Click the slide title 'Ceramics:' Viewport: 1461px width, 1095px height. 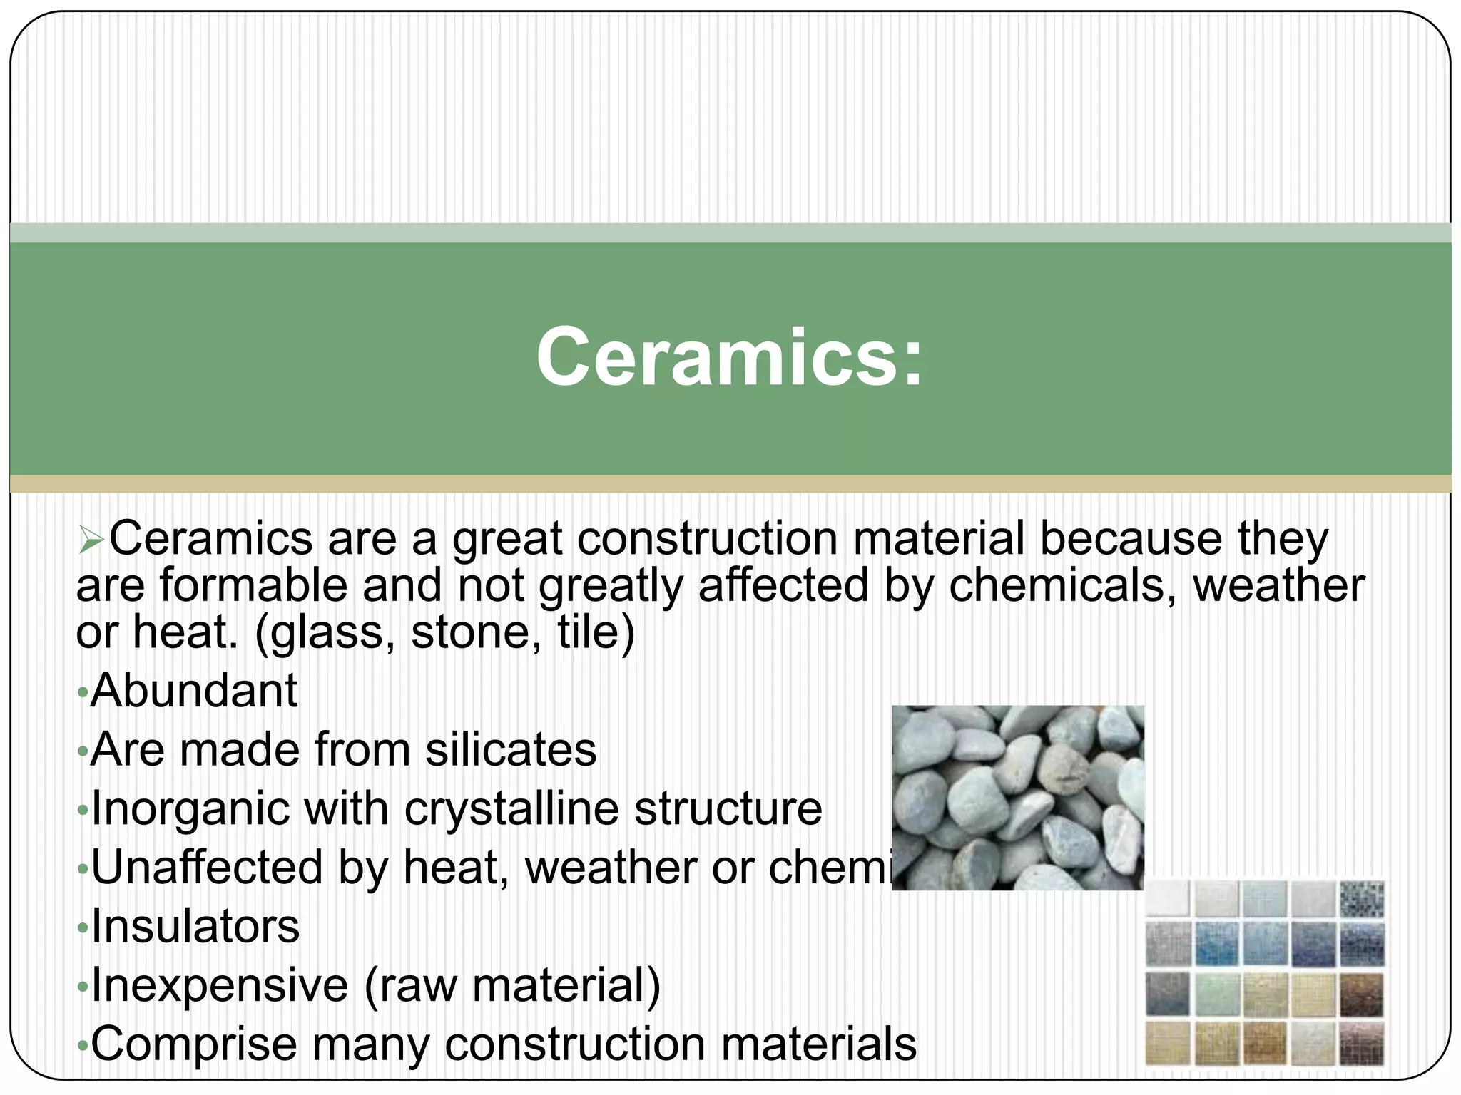[729, 356]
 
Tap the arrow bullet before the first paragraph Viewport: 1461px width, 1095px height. [91, 540]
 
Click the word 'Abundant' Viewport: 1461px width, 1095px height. [194, 691]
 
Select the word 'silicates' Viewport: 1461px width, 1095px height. [511, 750]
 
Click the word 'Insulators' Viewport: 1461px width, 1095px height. [195, 927]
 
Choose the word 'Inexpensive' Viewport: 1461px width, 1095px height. [220, 985]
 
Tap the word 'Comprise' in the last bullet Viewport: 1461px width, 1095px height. [194, 1044]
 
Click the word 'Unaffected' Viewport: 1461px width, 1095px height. [207, 868]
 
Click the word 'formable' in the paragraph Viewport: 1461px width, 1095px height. [253, 585]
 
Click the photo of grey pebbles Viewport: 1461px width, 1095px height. [1017, 797]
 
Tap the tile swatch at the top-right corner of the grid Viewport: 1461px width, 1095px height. [1361, 900]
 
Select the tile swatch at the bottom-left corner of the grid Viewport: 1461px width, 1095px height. [1169, 1044]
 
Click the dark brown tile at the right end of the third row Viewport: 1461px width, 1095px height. [1361, 995]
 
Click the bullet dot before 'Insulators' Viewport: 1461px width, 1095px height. [83, 928]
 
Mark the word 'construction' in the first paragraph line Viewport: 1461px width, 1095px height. [708, 538]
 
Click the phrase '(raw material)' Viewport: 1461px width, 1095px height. [513, 985]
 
